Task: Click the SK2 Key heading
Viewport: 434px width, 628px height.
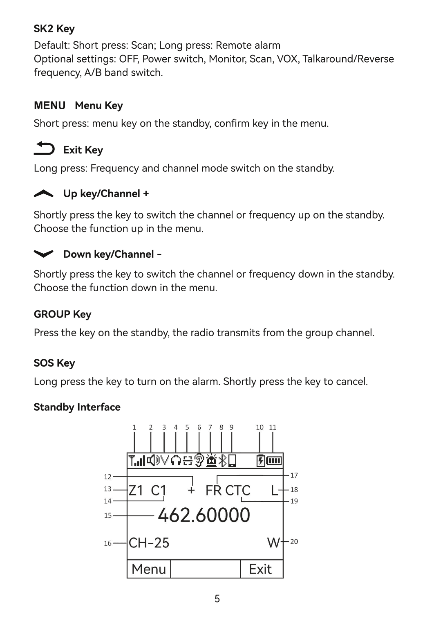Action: click(54, 29)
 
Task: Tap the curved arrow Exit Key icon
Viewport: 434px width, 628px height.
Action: click(44, 149)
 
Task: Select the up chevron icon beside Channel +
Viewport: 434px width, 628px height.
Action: click(44, 194)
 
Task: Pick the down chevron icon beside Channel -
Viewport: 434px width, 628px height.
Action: click(44, 254)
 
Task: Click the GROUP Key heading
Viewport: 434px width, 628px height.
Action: click(62, 314)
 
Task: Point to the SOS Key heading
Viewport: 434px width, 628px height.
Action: click(54, 363)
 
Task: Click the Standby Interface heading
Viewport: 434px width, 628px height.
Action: click(77, 407)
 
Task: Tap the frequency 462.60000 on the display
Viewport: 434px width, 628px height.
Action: click(204, 515)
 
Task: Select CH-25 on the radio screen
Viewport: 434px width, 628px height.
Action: click(149, 543)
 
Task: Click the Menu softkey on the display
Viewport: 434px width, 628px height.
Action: click(149, 569)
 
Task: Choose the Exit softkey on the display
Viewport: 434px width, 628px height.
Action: click(260, 569)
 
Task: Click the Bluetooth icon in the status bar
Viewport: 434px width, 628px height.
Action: click(223, 461)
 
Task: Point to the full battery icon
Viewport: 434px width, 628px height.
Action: click(274, 461)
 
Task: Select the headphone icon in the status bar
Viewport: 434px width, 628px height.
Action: click(176, 461)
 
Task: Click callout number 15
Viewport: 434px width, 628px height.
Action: click(107, 515)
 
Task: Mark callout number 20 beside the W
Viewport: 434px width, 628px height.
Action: click(294, 542)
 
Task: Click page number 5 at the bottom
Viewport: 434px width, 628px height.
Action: click(217, 599)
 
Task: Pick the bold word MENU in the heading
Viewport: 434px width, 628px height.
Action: click(49, 106)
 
